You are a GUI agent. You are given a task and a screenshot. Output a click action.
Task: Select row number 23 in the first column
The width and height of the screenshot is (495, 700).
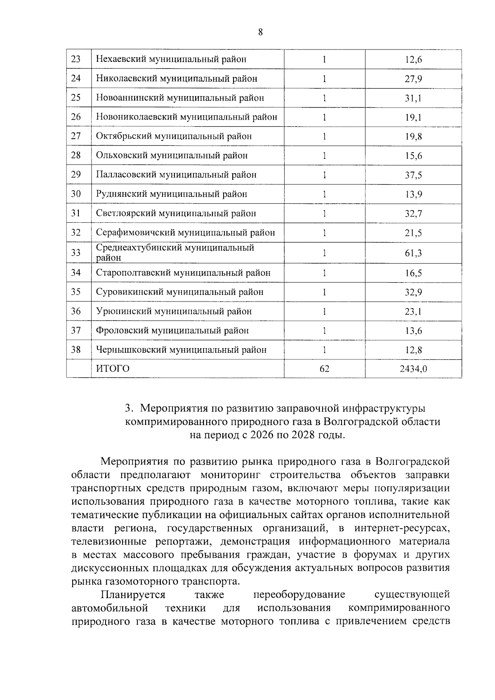pyautogui.click(x=76, y=59)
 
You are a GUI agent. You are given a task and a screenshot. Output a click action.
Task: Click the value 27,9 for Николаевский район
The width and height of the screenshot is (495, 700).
pyautogui.click(x=413, y=79)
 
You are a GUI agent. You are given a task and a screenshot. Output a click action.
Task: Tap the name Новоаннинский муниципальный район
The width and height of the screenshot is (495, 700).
pyautogui.click(x=180, y=98)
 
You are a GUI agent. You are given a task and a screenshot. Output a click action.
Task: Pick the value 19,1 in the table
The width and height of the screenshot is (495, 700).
pyautogui.click(x=413, y=118)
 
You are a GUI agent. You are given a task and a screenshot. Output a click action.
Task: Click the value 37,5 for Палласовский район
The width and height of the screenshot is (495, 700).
pyautogui.click(x=413, y=175)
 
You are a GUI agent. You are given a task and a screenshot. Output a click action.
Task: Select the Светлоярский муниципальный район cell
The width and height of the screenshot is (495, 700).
pyautogui.click(x=176, y=213)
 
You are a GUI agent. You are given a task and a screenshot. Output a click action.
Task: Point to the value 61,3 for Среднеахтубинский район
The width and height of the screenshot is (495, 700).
pyautogui.click(x=413, y=253)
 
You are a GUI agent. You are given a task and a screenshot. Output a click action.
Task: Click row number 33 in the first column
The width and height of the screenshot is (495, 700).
pyautogui.click(x=76, y=252)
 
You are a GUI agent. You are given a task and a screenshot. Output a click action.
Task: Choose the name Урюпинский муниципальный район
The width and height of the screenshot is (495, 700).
pyautogui.click(x=174, y=311)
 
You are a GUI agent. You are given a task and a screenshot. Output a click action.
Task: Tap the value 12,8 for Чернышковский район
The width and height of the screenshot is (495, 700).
pyautogui.click(x=413, y=350)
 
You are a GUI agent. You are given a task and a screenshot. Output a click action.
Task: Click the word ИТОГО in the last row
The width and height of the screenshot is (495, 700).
pyautogui.click(x=113, y=368)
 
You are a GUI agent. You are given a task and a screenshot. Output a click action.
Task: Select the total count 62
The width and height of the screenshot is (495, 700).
pyautogui.click(x=324, y=369)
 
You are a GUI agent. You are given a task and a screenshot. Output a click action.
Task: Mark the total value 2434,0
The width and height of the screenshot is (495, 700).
pyautogui.click(x=413, y=369)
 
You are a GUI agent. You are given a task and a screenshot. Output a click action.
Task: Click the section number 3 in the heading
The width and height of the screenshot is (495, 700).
pyautogui.click(x=128, y=408)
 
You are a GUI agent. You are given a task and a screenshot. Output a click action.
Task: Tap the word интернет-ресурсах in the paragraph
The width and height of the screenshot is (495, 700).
pyautogui.click(x=402, y=528)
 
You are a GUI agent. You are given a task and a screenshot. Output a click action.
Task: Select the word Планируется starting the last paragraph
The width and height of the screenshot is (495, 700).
pyautogui.click(x=133, y=595)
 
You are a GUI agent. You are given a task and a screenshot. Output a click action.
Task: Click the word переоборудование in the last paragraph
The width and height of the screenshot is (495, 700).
pyautogui.click(x=299, y=595)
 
